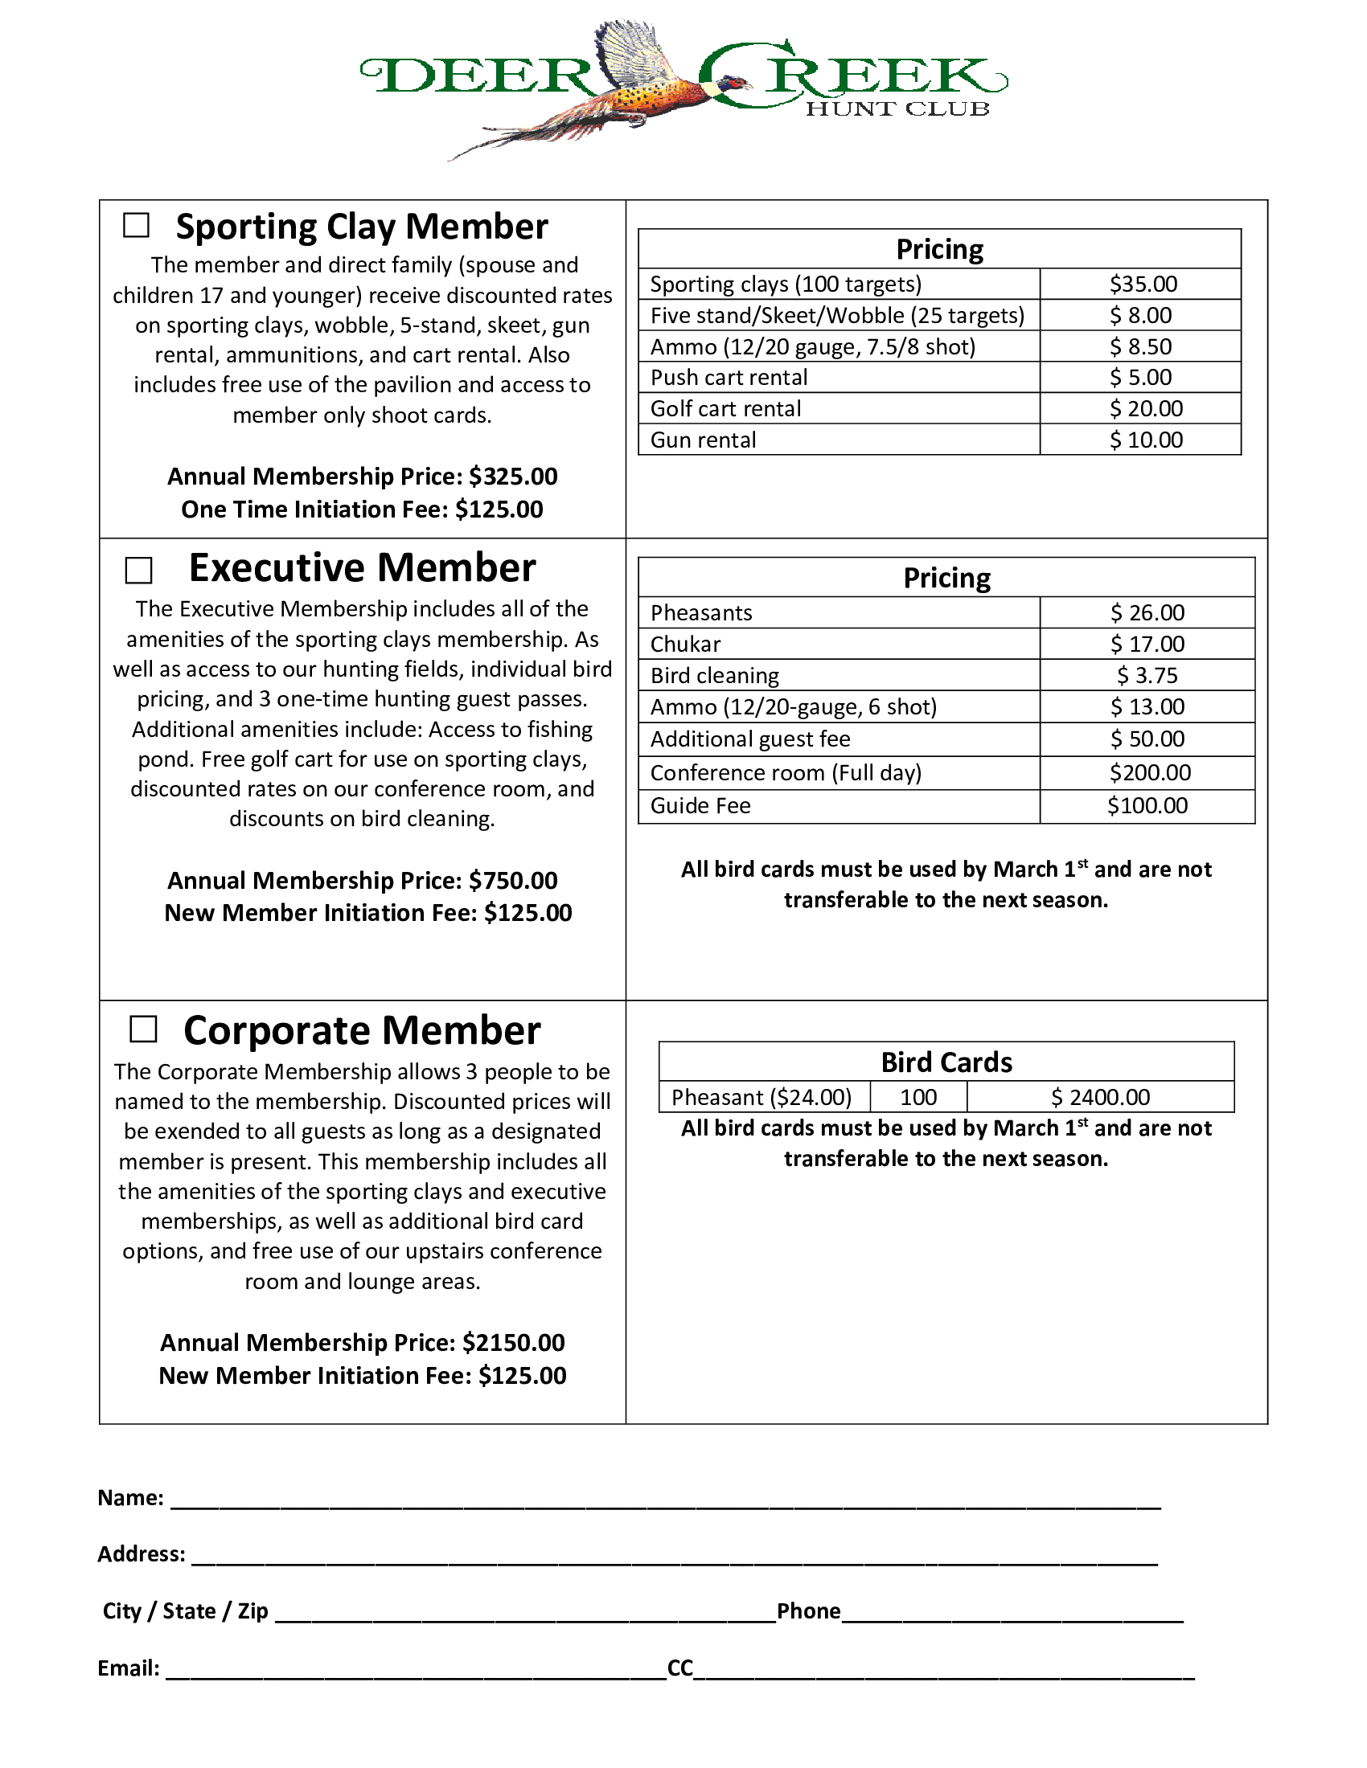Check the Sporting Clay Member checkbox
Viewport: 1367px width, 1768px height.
click(136, 225)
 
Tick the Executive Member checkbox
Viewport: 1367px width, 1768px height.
click(138, 570)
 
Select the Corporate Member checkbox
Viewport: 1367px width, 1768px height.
click(143, 1029)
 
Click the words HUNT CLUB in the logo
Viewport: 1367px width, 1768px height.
click(897, 109)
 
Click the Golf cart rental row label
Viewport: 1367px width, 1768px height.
click(725, 409)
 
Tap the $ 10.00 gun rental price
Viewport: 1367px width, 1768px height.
click(1145, 440)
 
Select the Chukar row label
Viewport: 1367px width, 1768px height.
click(685, 645)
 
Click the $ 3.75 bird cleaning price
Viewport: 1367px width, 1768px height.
click(1147, 676)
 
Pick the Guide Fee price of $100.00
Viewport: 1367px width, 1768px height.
click(1147, 806)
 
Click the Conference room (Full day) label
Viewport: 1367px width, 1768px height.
click(786, 773)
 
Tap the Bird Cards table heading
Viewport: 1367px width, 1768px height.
click(946, 1062)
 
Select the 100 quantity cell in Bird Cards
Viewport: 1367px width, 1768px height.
click(918, 1098)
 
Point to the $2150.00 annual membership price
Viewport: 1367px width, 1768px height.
click(514, 1343)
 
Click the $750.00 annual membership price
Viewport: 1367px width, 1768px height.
click(514, 881)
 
